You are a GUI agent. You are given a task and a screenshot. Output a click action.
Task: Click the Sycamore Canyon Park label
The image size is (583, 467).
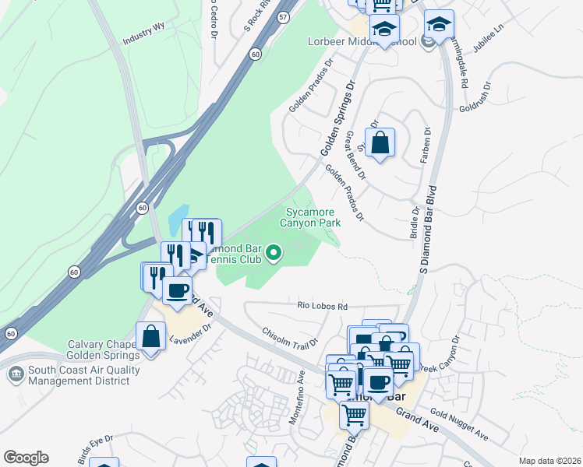tap(311, 217)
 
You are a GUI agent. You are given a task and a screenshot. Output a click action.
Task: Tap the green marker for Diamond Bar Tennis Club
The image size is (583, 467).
tap(274, 252)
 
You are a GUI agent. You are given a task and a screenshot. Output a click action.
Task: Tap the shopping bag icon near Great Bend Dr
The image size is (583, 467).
tap(380, 143)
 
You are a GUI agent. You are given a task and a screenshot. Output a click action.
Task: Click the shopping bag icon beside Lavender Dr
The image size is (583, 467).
tap(150, 338)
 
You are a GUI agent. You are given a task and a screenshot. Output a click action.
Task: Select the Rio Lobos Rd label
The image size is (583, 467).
tap(321, 307)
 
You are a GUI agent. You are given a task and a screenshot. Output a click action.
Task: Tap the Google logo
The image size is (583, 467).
tap(26, 457)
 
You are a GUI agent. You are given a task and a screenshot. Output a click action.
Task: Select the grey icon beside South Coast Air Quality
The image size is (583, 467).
tap(16, 375)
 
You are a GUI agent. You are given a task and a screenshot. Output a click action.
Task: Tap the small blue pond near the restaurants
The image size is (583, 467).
tap(178, 216)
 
